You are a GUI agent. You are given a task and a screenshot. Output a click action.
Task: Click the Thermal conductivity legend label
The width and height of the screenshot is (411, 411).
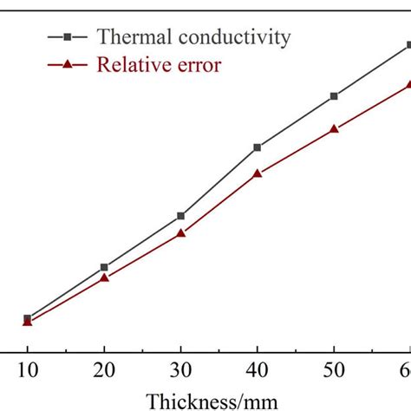pyautogui.click(x=194, y=36)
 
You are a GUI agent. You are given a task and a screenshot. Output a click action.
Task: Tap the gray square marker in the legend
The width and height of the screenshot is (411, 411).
pyautogui.click(x=66, y=36)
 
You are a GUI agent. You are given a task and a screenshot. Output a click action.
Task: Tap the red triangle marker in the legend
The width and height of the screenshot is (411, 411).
pyautogui.click(x=66, y=64)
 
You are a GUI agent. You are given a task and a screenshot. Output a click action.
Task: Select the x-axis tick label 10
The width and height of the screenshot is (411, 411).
pyautogui.click(x=27, y=371)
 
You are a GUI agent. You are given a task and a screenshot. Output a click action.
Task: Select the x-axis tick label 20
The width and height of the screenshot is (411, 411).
pyautogui.click(x=104, y=371)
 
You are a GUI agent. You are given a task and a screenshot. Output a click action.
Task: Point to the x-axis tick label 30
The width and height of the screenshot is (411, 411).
pyautogui.click(x=180, y=371)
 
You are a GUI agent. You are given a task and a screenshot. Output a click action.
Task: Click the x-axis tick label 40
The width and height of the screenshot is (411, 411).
pyautogui.click(x=258, y=371)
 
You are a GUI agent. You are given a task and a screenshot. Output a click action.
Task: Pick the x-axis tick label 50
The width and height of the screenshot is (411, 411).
pyautogui.click(x=334, y=371)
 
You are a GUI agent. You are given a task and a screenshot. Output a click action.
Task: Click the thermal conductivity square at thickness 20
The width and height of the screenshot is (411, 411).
pyautogui.click(x=104, y=267)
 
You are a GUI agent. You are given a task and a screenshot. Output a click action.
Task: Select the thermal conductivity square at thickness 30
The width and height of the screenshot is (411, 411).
pyautogui.click(x=180, y=215)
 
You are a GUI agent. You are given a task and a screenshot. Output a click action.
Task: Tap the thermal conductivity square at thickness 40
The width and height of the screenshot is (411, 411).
pyautogui.click(x=258, y=147)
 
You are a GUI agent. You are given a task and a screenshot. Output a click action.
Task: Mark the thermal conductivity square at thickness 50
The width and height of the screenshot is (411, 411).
pyautogui.click(x=334, y=96)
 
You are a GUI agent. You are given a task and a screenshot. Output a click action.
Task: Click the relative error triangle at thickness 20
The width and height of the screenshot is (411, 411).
pyautogui.click(x=104, y=277)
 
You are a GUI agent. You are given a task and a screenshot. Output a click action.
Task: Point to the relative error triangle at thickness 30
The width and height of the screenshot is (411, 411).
pyautogui.click(x=180, y=232)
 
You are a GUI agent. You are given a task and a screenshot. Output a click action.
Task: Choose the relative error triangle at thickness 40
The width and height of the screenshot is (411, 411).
pyautogui.click(x=258, y=173)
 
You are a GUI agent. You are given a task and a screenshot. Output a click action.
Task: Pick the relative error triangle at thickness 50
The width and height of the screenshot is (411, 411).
pyautogui.click(x=334, y=128)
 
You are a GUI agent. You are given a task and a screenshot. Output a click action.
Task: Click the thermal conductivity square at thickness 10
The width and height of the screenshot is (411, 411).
pyautogui.click(x=27, y=317)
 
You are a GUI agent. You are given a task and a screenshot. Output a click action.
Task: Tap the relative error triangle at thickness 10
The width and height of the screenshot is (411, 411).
pyautogui.click(x=27, y=323)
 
